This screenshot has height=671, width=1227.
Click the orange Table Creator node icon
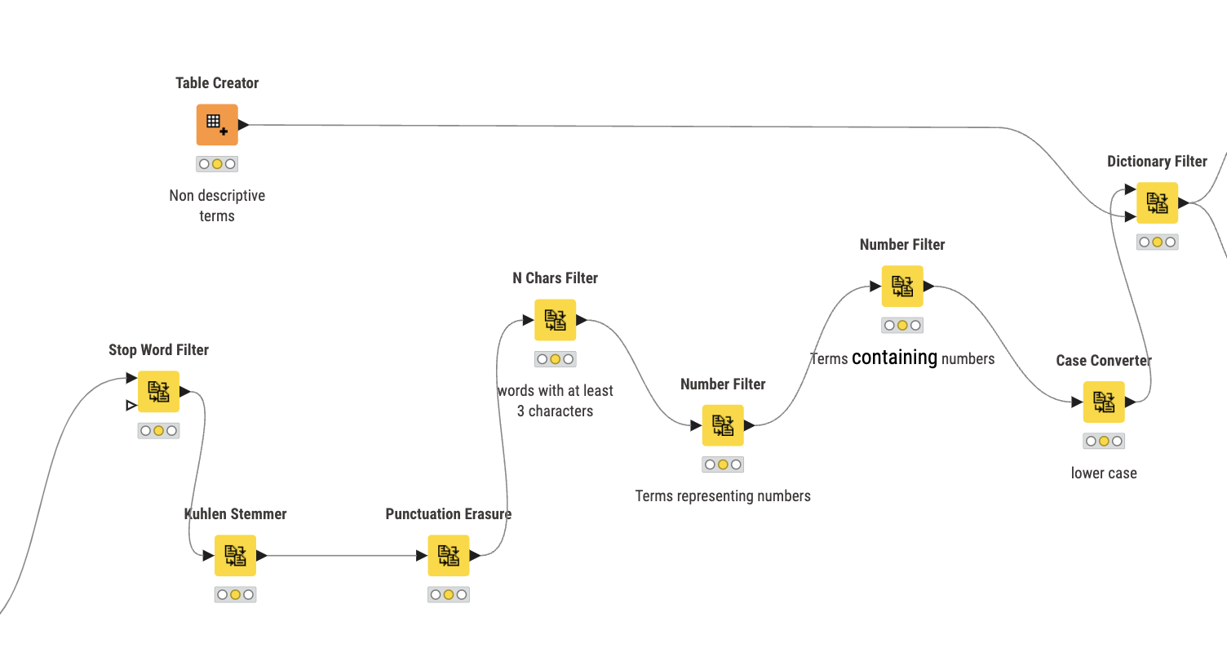click(x=217, y=124)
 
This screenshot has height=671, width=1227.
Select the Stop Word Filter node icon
click(x=158, y=392)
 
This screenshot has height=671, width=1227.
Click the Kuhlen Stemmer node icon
click(x=235, y=555)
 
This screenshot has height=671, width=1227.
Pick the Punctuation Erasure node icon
click(x=448, y=555)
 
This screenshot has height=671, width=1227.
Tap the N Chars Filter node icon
click(x=555, y=320)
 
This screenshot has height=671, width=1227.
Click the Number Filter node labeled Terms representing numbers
click(x=723, y=424)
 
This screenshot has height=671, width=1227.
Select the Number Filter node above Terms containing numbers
click(x=902, y=287)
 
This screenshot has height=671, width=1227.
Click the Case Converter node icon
click(x=1104, y=402)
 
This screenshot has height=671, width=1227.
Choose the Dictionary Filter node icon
click(x=1157, y=202)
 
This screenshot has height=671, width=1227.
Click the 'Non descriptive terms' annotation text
click(x=217, y=206)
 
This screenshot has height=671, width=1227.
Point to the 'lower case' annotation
click(x=1104, y=473)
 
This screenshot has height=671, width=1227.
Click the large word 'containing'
click(x=894, y=358)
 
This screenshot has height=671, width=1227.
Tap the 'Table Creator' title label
click(x=217, y=82)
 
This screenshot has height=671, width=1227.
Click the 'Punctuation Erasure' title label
click(x=448, y=513)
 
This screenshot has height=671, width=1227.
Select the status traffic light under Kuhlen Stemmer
click(x=235, y=595)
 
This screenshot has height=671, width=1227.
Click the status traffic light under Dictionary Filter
click(x=1157, y=242)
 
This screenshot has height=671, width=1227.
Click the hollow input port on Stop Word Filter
click(x=131, y=406)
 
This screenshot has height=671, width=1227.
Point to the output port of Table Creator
click(x=244, y=125)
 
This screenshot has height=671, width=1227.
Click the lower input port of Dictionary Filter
click(x=1130, y=216)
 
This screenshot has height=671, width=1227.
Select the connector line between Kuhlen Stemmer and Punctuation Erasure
click(x=341, y=555)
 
